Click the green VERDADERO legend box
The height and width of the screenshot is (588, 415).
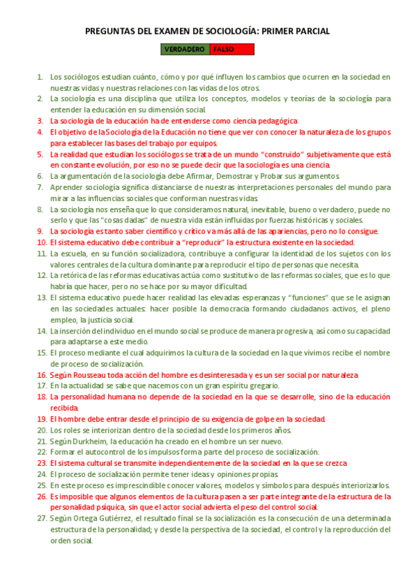(x=184, y=49)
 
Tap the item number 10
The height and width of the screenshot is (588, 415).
(x=41, y=243)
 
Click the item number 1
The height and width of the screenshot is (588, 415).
(x=41, y=78)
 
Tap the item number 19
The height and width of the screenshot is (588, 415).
(x=41, y=420)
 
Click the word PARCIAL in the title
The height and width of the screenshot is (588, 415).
(x=310, y=31)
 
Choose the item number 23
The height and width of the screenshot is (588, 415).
(x=41, y=463)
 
